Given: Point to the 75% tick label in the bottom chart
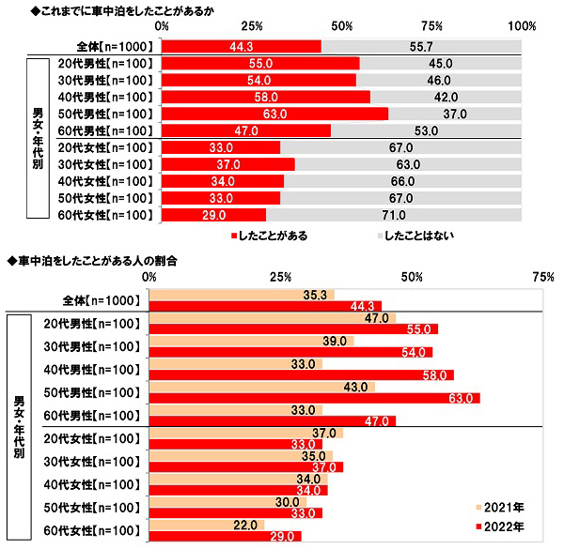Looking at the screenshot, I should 540,277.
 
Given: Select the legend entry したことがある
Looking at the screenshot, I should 273,236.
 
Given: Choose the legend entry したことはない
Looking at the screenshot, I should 417,236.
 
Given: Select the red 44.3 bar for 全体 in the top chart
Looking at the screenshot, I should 242,46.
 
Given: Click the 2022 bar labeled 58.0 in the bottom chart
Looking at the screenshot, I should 302,375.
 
